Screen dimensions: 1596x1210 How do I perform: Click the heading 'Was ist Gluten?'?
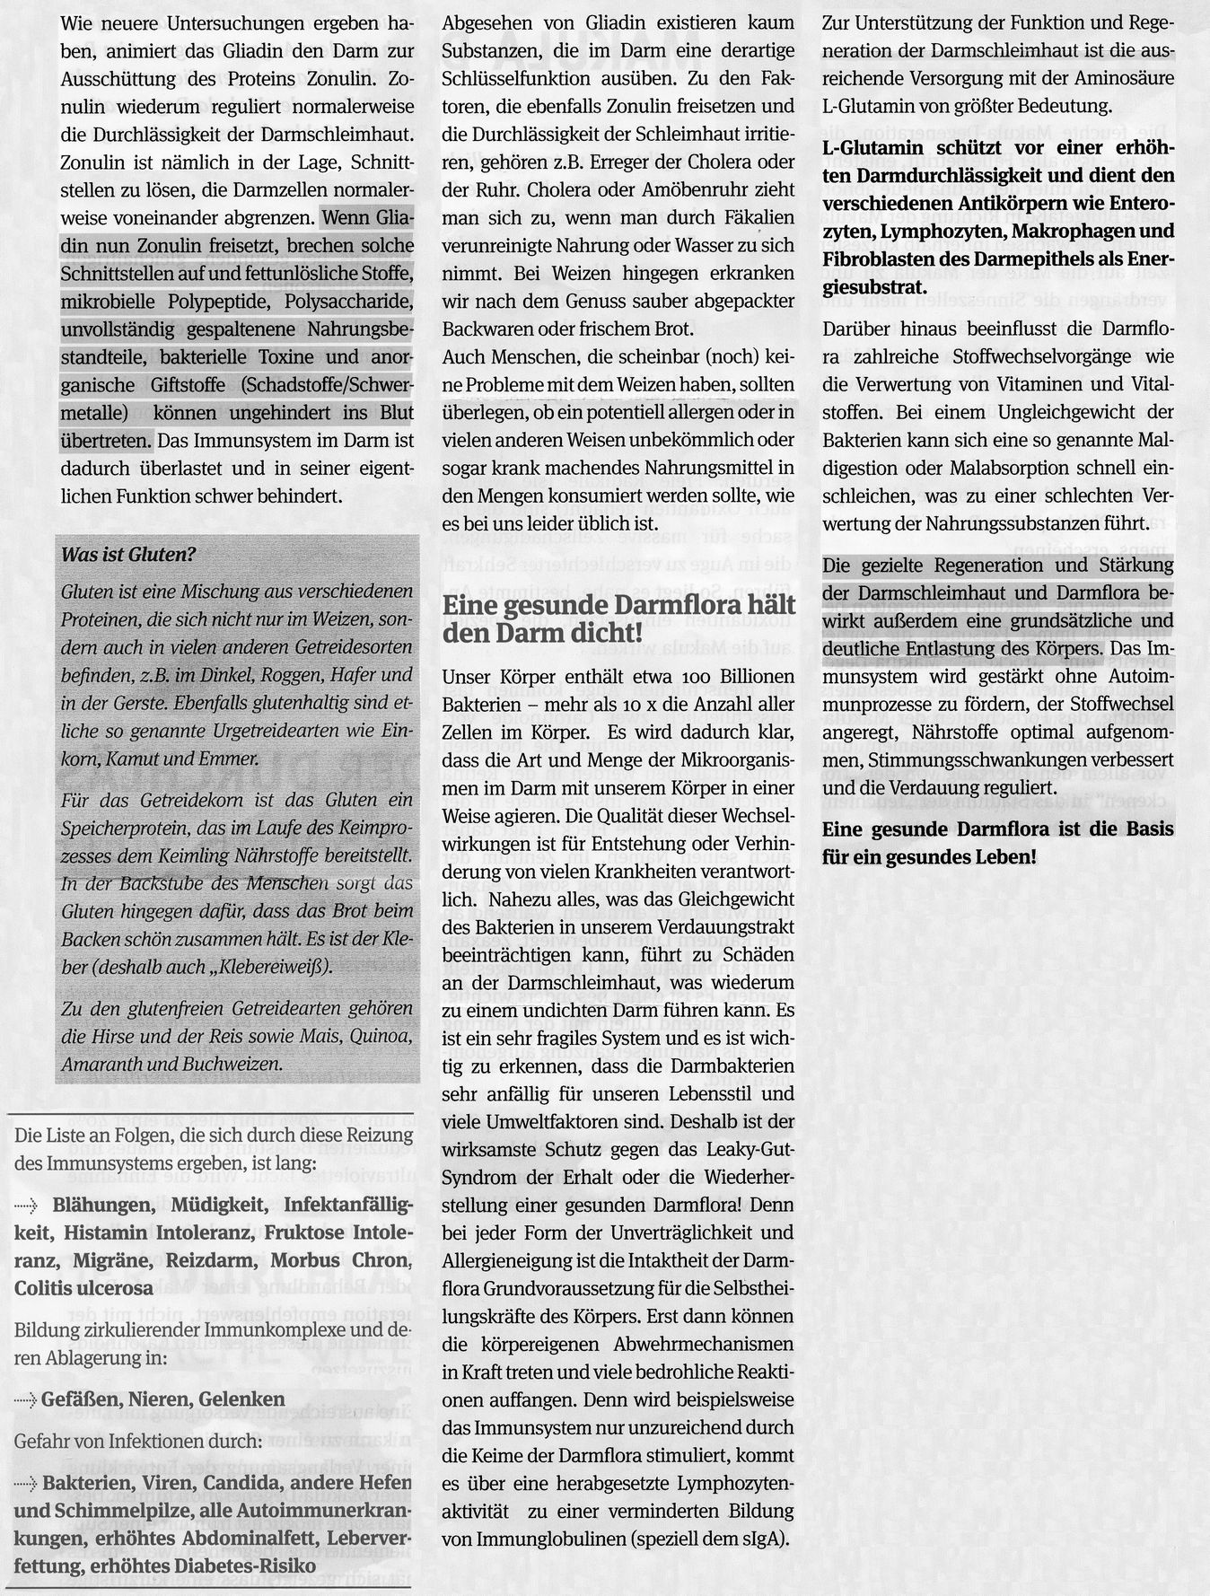click(127, 554)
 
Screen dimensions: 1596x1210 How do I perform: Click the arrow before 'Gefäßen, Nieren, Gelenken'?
click(26, 1399)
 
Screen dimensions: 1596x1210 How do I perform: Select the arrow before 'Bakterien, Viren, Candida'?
click(28, 1481)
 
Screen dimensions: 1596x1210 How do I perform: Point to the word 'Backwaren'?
click(485, 329)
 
